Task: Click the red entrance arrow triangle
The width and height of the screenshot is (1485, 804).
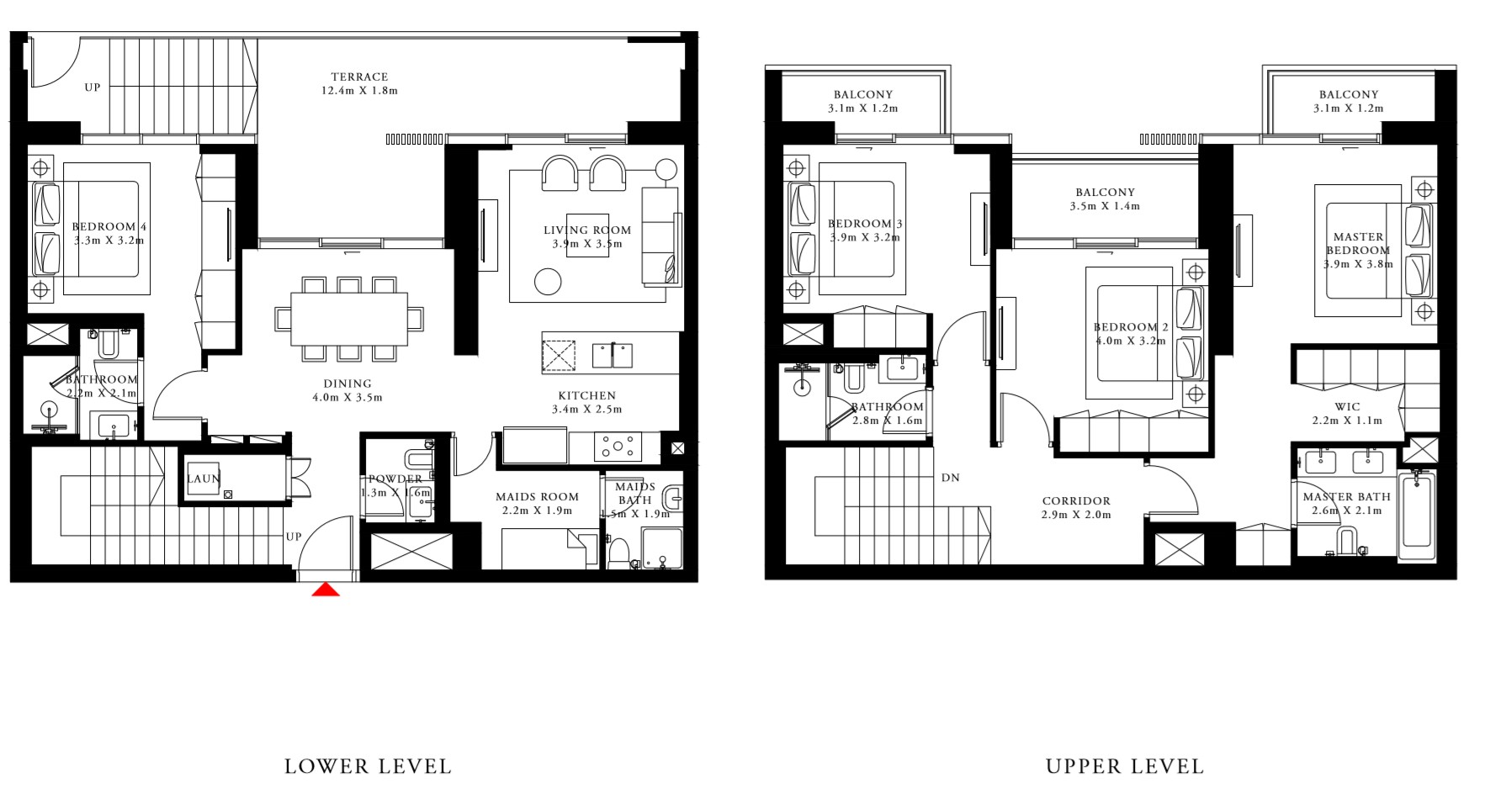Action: pyautogui.click(x=326, y=590)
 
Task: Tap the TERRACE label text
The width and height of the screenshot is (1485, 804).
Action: pyautogui.click(x=359, y=77)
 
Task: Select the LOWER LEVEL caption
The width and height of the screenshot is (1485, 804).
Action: pyautogui.click(x=368, y=766)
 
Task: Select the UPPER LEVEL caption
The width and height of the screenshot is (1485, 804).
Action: pyautogui.click(x=1125, y=766)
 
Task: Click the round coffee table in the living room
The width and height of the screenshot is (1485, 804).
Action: pyautogui.click(x=548, y=281)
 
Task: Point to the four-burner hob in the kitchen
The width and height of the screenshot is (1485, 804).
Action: pyautogui.click(x=618, y=447)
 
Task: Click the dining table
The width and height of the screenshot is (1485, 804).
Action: pyautogui.click(x=349, y=319)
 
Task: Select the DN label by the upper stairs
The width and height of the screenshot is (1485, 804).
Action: pyautogui.click(x=951, y=478)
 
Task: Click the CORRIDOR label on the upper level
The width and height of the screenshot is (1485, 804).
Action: pyautogui.click(x=1076, y=500)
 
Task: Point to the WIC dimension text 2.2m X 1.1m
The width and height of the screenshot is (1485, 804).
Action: pyautogui.click(x=1347, y=421)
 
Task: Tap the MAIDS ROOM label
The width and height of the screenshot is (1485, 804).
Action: pyautogui.click(x=537, y=497)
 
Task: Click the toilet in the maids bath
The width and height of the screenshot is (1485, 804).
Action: pyautogui.click(x=618, y=552)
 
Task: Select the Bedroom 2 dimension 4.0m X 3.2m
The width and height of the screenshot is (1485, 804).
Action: pyautogui.click(x=1131, y=341)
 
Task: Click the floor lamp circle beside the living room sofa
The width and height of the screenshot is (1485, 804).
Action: pyautogui.click(x=666, y=169)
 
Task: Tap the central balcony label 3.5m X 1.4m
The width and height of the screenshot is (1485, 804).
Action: pyautogui.click(x=1105, y=206)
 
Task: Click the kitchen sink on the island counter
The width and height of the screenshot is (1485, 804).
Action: pyautogui.click(x=612, y=355)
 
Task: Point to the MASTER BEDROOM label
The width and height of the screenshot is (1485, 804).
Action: pyautogui.click(x=1358, y=243)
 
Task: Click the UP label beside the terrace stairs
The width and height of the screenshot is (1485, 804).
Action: pyautogui.click(x=93, y=87)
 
